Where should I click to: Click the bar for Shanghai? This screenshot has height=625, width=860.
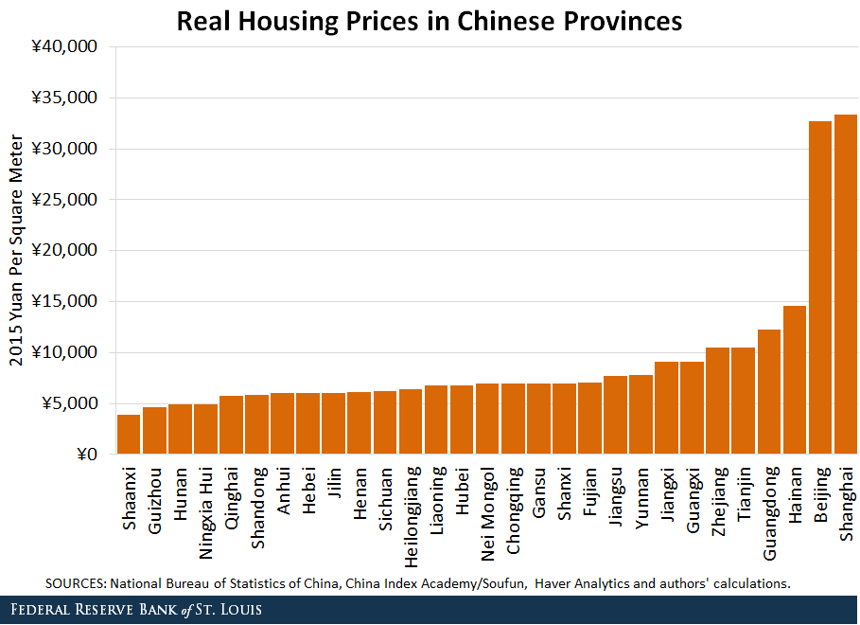point(845,284)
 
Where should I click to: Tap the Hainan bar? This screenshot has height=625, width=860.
point(794,380)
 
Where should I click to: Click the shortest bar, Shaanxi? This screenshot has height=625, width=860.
point(129,435)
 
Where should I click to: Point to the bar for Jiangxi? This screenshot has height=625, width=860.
point(666,408)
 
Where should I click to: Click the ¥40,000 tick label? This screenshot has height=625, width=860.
point(65,47)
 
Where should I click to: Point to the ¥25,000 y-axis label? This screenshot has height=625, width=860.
point(65,200)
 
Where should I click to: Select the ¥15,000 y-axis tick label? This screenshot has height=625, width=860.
point(65,302)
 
